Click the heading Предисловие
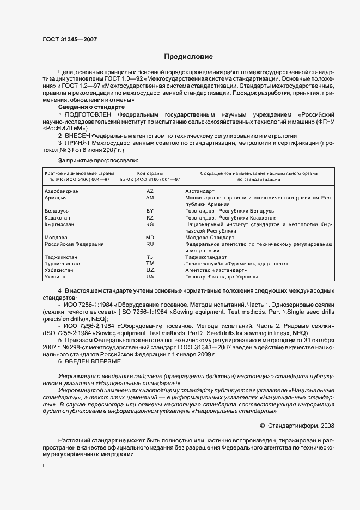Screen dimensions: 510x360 point(188,57)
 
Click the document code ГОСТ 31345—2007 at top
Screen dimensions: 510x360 point(70,39)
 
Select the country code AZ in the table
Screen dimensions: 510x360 point(150,191)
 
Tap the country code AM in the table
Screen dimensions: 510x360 point(150,198)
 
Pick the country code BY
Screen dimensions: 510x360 point(150,210)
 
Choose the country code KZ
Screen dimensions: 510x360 point(150,217)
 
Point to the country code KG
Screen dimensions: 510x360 point(150,224)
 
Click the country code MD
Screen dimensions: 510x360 point(150,238)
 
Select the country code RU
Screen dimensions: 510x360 point(150,244)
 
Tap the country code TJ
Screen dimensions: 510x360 point(150,257)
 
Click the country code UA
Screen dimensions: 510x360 point(150,277)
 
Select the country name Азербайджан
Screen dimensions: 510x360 point(62,191)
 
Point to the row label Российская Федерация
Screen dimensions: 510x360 point(74,244)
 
